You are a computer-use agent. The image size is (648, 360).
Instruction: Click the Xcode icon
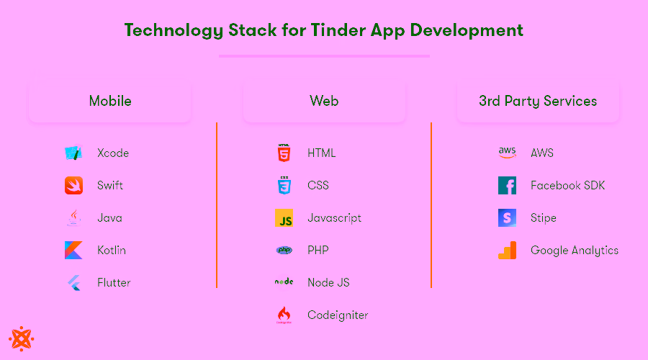pos(73,153)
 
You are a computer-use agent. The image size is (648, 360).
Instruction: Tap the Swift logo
pos(73,185)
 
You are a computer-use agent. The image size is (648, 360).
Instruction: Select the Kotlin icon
pos(73,250)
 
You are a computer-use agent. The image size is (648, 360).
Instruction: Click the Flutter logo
pos(73,282)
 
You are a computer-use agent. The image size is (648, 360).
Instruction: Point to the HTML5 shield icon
pos(284,153)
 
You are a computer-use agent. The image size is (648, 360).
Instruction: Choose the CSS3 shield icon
pos(284,185)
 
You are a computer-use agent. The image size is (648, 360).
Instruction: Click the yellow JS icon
pos(284,218)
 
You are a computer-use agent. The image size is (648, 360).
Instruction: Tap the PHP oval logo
pos(284,250)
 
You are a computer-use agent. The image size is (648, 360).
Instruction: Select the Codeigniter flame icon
pos(284,315)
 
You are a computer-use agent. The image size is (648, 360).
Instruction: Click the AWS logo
pos(507,153)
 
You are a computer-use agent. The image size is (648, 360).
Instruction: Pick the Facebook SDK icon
pos(507,185)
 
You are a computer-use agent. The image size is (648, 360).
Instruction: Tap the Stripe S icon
pos(507,217)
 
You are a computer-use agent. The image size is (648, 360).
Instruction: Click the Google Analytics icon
pos(507,250)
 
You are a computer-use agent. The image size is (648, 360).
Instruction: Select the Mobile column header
pos(110,101)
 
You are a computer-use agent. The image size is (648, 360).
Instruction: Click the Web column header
pos(324,101)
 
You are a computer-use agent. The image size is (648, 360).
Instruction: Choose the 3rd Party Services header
pos(538,101)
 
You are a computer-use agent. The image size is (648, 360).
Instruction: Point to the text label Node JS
pos(328,282)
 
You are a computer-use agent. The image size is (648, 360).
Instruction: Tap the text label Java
pos(109,217)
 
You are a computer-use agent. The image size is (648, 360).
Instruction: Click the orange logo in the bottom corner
pos(22,338)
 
